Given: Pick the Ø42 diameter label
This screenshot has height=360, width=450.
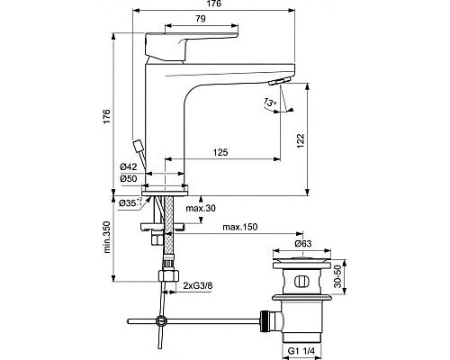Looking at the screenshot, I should click(130, 166).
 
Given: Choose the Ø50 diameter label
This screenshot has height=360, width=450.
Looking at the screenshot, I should click(130, 178).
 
